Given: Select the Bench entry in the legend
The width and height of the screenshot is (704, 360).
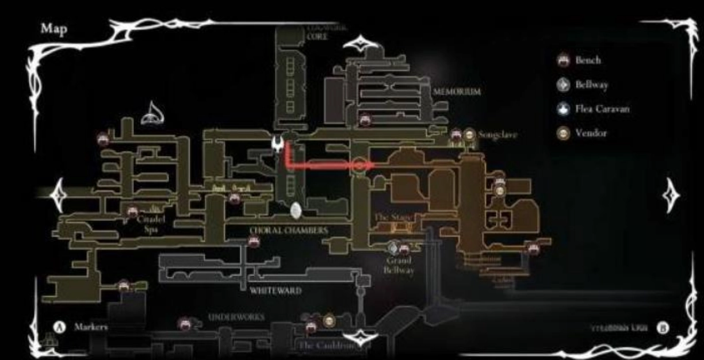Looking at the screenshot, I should pos(587,60).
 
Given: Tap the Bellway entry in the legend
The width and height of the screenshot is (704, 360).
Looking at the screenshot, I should pos(591,85).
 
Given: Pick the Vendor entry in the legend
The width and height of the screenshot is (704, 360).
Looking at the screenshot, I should pos(591,133).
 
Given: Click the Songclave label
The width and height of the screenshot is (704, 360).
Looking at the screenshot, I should pos(498,135).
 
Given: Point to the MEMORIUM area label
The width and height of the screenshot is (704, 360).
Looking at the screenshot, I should pos(457,91).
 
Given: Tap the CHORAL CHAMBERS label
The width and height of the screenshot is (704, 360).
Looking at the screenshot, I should pos(289,230).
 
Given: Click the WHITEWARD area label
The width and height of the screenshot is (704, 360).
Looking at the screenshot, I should pos(276,291).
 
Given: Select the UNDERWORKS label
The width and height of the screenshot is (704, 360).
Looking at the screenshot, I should pos(236,317).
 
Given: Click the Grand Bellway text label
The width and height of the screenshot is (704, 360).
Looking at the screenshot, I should pos(399,265).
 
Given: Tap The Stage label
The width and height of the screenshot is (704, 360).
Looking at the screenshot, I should pos(391,218).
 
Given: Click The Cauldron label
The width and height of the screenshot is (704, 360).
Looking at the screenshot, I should pos(326,345).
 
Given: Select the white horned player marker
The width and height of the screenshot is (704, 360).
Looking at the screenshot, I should pos(278,144).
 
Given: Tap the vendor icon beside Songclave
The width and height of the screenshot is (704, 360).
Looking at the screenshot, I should pos(470,135).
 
